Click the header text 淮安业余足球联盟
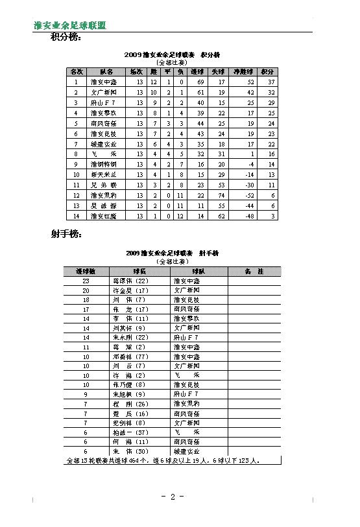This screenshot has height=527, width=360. (x=70, y=25)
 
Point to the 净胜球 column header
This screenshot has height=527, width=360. (x=243, y=72)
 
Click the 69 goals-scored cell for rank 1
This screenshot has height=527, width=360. (x=200, y=82)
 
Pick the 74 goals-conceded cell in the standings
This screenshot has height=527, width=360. (x=221, y=194)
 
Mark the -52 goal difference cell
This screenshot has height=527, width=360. (x=250, y=194)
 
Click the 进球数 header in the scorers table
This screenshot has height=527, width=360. (x=86, y=271)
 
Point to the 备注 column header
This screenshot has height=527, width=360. (x=255, y=271)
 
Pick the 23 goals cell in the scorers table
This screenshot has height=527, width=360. (x=86, y=281)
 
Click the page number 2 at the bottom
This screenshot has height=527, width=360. (x=173, y=497)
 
